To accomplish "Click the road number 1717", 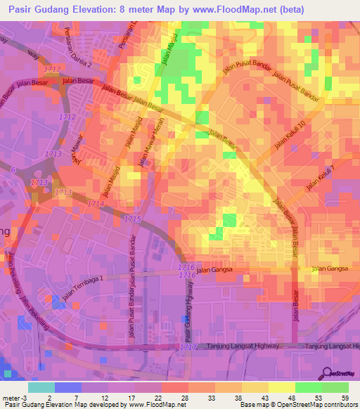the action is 188,347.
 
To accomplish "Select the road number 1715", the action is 131,220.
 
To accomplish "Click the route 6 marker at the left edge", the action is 12,169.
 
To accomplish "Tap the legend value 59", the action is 345,398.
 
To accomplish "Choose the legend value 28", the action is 184,398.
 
